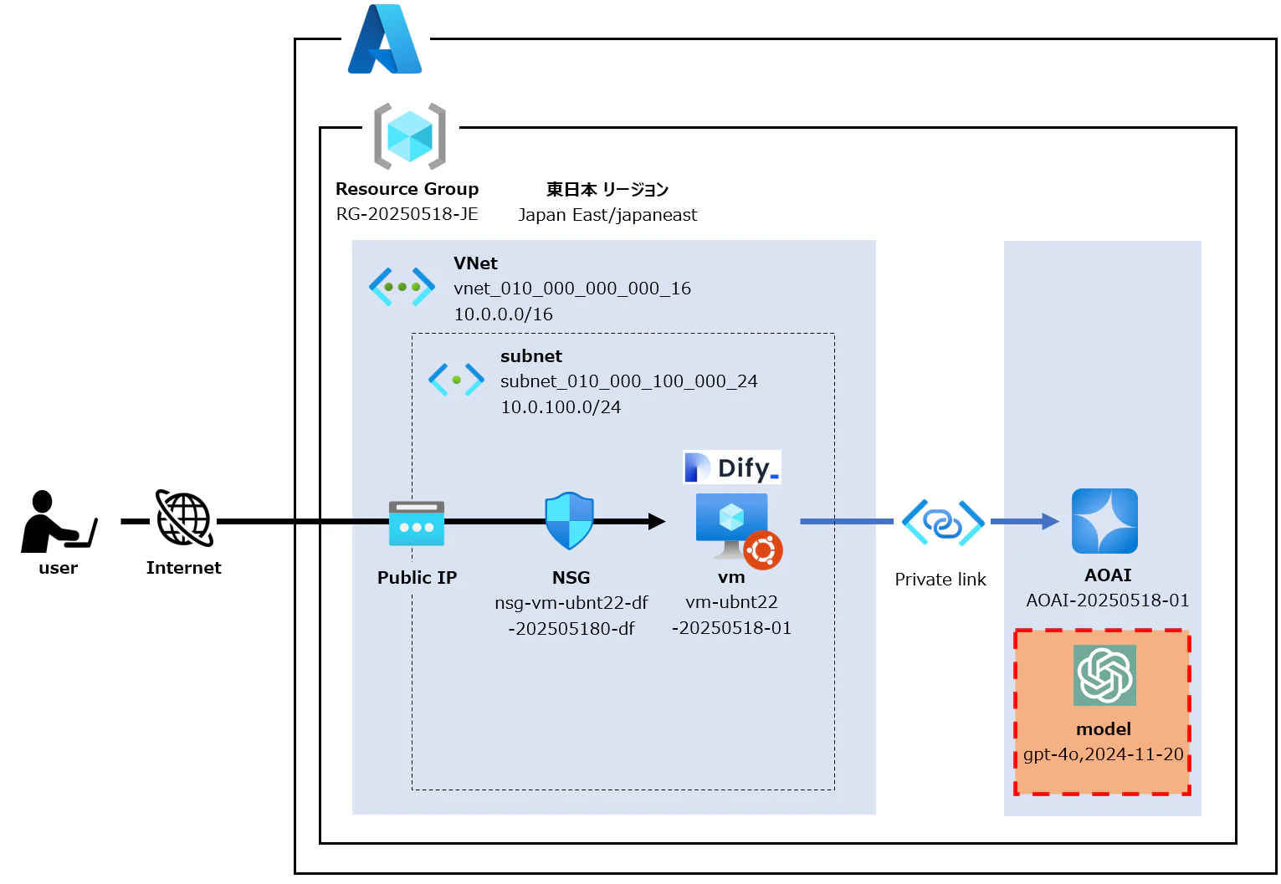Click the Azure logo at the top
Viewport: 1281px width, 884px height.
tap(385, 39)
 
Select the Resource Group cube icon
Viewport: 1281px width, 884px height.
tap(409, 136)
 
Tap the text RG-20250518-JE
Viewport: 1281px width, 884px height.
tap(407, 214)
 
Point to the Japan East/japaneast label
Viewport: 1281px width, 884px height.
tap(607, 215)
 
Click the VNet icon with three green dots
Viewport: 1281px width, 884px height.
tap(402, 287)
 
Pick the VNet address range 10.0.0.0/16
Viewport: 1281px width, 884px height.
tap(503, 314)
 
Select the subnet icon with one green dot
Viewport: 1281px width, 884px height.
tap(456, 379)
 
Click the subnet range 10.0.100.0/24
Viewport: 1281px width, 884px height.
tap(561, 407)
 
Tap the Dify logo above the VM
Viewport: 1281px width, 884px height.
tap(732, 468)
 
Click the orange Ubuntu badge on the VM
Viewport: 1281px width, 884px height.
tap(762, 550)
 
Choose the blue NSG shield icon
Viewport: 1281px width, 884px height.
tap(569, 520)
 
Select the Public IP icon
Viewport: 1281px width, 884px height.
tap(417, 524)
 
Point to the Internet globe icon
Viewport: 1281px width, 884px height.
tap(184, 519)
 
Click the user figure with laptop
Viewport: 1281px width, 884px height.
tap(57, 522)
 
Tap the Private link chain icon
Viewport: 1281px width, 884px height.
tap(943, 523)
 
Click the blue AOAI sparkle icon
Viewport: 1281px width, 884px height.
tap(1104, 521)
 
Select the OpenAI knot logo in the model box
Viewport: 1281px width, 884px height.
tap(1104, 675)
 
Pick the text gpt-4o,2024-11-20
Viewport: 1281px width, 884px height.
tap(1103, 754)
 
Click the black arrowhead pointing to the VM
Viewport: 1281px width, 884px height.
tap(656, 522)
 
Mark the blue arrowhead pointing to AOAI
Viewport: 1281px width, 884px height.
tap(1049, 522)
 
